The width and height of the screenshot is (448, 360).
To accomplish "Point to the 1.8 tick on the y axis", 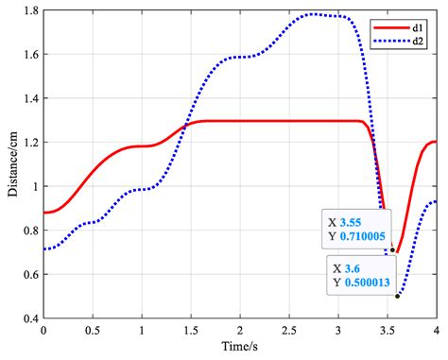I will tap(30, 10).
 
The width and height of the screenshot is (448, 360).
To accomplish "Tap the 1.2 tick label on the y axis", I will tap(30, 142).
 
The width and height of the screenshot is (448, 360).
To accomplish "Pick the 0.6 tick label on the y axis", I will tap(30, 274).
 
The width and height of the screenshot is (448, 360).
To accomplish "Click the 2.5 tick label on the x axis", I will tap(289, 334).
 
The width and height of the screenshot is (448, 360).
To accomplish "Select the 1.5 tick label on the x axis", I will tap(191, 334).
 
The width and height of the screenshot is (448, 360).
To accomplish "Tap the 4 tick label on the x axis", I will tap(437, 334).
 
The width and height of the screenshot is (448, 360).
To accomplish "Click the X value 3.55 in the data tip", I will tap(353, 223).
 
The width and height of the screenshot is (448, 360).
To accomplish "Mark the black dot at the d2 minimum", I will tap(397, 296).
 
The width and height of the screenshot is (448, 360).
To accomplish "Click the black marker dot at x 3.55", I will tap(392, 249).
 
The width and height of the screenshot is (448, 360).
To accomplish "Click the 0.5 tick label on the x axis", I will tap(93, 334).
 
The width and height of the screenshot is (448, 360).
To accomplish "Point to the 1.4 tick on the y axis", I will tap(30, 98).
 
